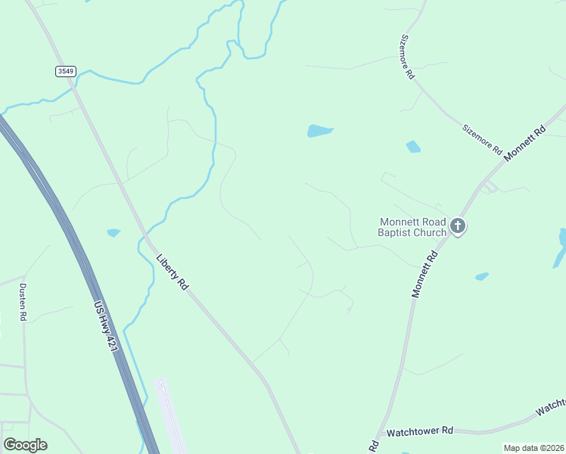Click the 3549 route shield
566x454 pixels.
(66, 71)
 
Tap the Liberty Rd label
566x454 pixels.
(172, 272)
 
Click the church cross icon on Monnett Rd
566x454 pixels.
(458, 225)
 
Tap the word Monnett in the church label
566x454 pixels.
(398, 222)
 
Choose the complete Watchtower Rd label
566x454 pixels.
(419, 431)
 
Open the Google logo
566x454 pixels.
(25, 445)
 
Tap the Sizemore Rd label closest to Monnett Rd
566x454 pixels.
(482, 138)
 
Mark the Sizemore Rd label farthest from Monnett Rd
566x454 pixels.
(408, 57)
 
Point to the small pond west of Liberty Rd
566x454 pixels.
(114, 232)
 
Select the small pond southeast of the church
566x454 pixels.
(481, 277)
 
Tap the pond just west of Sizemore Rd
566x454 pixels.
(413, 146)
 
